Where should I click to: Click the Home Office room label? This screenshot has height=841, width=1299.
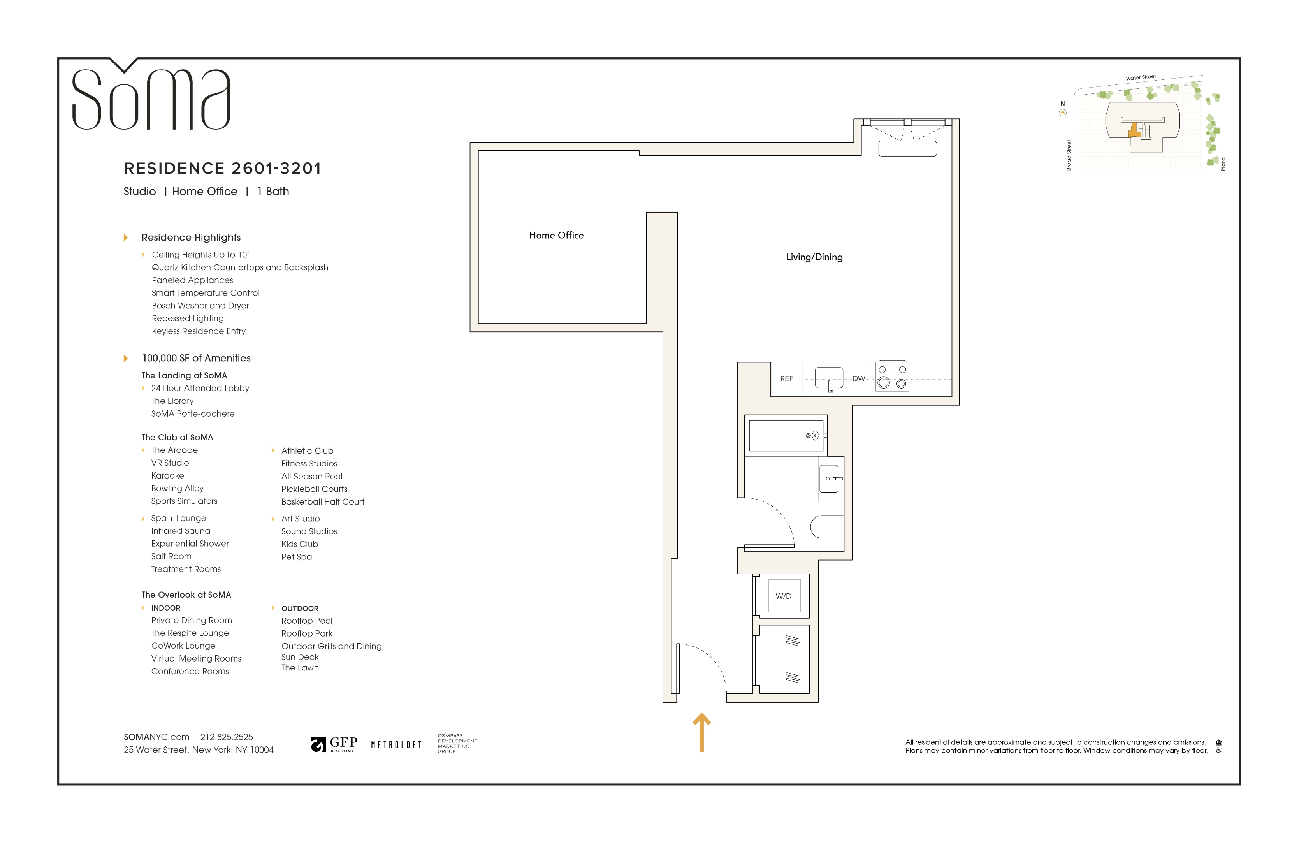click(x=556, y=235)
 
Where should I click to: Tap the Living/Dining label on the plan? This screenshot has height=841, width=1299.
click(x=814, y=257)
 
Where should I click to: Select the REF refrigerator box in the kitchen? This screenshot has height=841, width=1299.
click(x=786, y=379)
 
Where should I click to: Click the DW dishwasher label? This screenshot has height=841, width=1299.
click(x=859, y=379)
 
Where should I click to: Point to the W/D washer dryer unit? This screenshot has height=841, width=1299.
click(x=784, y=596)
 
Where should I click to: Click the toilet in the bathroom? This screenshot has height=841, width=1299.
click(x=827, y=527)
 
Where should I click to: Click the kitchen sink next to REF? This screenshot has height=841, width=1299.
click(x=829, y=378)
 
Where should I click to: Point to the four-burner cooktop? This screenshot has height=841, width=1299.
click(x=892, y=377)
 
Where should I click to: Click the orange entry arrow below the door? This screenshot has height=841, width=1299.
click(x=701, y=732)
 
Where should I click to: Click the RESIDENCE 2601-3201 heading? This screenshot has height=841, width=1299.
click(x=223, y=168)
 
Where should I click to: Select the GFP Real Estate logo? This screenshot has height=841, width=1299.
click(x=334, y=744)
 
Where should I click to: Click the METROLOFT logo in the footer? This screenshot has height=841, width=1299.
click(x=396, y=745)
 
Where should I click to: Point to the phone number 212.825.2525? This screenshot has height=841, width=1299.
click(x=227, y=737)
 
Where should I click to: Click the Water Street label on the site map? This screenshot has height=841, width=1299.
click(x=1140, y=77)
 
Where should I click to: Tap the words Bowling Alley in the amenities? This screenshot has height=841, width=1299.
click(x=178, y=489)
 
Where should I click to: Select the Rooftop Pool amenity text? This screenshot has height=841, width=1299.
click(x=307, y=621)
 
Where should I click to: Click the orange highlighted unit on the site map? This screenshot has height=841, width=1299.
click(x=1135, y=131)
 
